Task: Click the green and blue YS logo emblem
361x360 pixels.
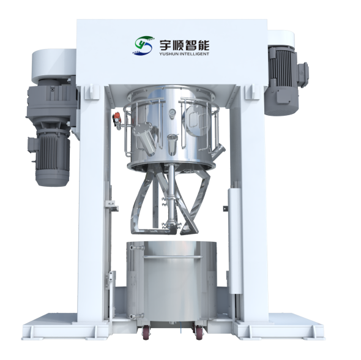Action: click(x=143, y=45)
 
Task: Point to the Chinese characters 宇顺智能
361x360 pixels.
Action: click(x=184, y=45)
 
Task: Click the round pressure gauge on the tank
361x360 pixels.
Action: click(x=171, y=112)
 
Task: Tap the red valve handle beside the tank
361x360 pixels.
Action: click(x=117, y=115)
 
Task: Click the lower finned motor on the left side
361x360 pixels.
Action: click(x=50, y=157)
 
